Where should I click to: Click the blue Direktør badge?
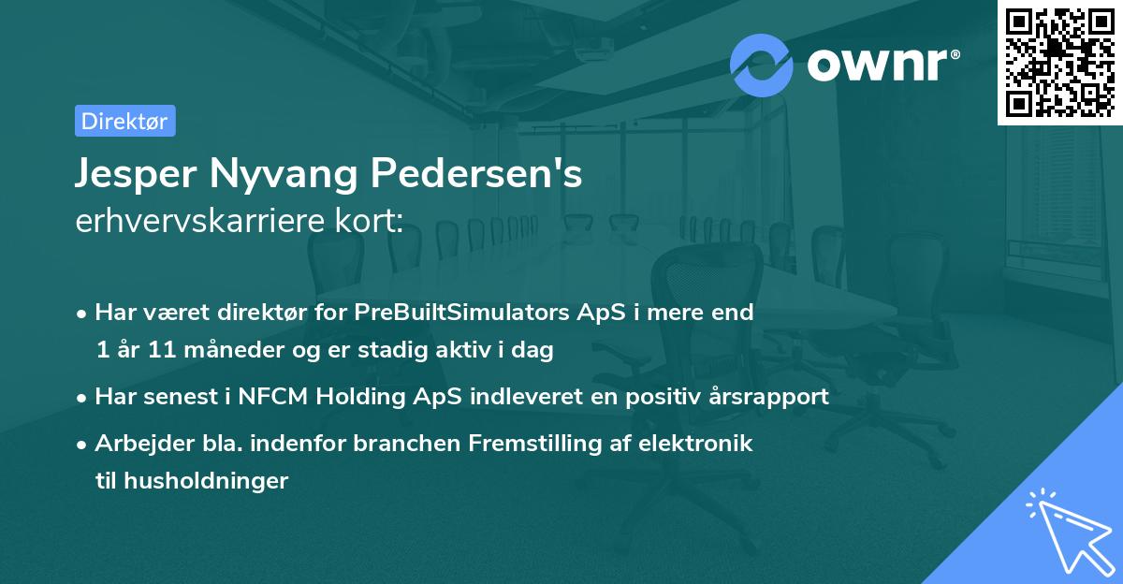(x=124, y=121)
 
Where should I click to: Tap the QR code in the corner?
(x=1059, y=62)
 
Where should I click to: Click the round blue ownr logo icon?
(x=761, y=65)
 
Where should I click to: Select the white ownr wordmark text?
(x=882, y=66)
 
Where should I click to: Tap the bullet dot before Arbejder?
(x=83, y=445)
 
